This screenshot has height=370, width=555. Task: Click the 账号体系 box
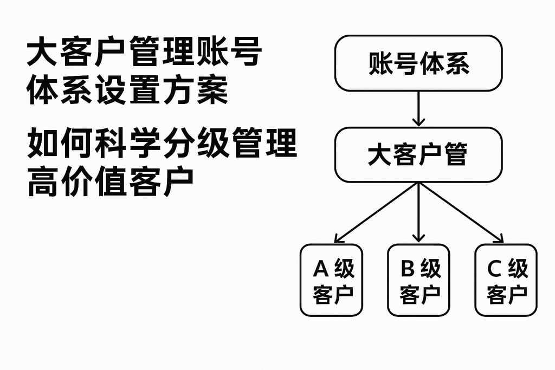418,63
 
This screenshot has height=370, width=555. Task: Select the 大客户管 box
418,155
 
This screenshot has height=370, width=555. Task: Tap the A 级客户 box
331,280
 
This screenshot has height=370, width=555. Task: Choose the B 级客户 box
418,280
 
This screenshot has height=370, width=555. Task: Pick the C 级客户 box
506,280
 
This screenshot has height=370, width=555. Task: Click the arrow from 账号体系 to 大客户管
418,108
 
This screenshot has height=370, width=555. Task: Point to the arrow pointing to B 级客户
418,212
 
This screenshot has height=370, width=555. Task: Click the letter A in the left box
321,268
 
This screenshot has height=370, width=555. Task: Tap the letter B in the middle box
408,268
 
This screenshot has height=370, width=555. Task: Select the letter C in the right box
494,268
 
